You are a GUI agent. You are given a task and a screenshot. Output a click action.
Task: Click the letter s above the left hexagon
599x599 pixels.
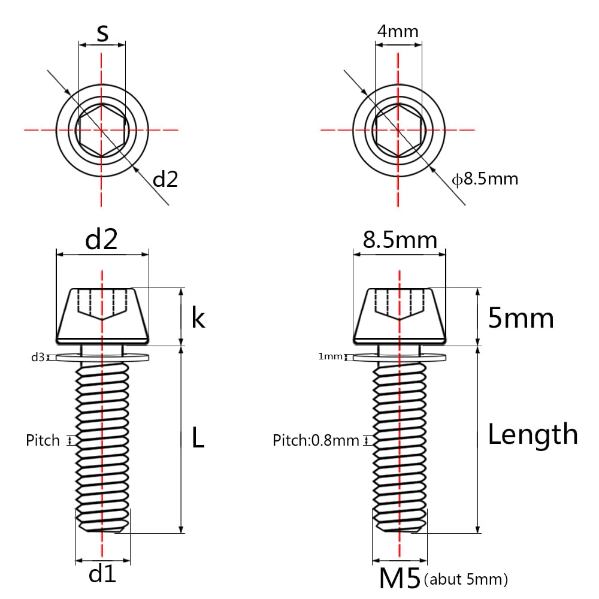[102, 34]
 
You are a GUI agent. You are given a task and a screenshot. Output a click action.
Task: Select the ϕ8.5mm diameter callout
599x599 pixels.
[485, 179]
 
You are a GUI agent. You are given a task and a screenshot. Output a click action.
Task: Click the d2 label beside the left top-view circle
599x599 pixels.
[166, 179]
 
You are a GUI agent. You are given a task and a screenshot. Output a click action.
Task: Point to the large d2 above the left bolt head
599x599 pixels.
[101, 240]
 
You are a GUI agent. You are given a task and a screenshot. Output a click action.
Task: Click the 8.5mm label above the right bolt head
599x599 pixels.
[400, 240]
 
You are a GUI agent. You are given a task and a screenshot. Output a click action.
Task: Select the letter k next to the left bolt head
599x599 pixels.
[198, 318]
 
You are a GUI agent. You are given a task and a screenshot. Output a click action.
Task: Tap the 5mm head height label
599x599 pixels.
[521, 318]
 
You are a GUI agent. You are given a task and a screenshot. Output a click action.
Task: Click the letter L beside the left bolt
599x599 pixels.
[198, 438]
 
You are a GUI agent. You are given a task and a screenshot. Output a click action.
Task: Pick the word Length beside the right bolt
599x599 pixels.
[533, 434]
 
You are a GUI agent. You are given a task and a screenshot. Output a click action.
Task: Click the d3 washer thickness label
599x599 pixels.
[38, 358]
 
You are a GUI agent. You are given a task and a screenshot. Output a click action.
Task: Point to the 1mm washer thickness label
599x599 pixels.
[330, 357]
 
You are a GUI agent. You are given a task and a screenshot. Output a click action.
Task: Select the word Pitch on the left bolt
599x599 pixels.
[43, 441]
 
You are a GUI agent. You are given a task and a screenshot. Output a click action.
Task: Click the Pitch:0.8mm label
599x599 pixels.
[316, 441]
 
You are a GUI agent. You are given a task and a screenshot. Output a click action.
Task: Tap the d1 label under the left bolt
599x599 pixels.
[102, 575]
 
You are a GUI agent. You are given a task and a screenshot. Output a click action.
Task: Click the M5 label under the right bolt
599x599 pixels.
[400, 579]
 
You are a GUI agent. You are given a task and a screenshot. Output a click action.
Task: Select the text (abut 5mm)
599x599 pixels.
[465, 580]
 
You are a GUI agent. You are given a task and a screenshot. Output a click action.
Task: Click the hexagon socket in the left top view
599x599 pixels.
[102, 129]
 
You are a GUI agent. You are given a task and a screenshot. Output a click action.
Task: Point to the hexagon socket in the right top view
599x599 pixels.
[398, 129]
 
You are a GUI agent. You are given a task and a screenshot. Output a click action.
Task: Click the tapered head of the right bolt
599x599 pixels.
[400, 316]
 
